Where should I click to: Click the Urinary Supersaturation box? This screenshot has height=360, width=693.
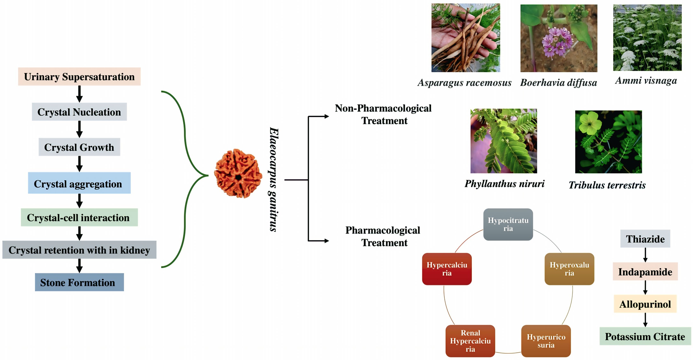[79, 77]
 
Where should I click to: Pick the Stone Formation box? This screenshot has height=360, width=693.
[79, 282]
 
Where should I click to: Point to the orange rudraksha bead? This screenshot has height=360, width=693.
[238, 174]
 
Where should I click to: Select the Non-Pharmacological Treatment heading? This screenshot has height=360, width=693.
[383, 114]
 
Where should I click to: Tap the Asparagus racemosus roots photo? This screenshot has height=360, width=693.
[466, 38]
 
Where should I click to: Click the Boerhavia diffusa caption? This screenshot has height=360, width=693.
[559, 83]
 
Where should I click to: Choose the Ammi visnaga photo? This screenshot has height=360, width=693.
[647, 38]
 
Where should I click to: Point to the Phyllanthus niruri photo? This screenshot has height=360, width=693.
[504, 141]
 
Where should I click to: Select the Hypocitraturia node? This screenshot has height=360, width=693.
[508, 224]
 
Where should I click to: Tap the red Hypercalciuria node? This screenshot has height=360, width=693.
[447, 269]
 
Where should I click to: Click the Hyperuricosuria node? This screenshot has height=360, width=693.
[546, 341]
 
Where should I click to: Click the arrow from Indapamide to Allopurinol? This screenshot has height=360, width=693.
[645, 287]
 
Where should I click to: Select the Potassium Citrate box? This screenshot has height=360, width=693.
[645, 336]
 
